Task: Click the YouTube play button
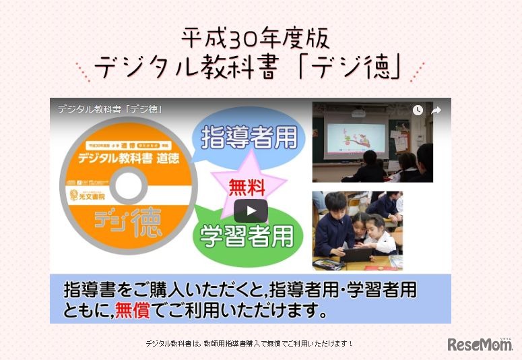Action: point(251,210)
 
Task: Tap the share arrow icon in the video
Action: point(436,110)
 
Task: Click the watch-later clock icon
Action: point(418,110)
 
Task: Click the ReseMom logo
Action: point(480,344)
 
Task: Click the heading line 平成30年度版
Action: point(257,39)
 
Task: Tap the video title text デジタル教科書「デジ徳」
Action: point(110,109)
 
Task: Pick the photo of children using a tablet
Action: point(357,231)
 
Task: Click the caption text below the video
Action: point(249,343)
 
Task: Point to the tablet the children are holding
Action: point(354,254)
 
